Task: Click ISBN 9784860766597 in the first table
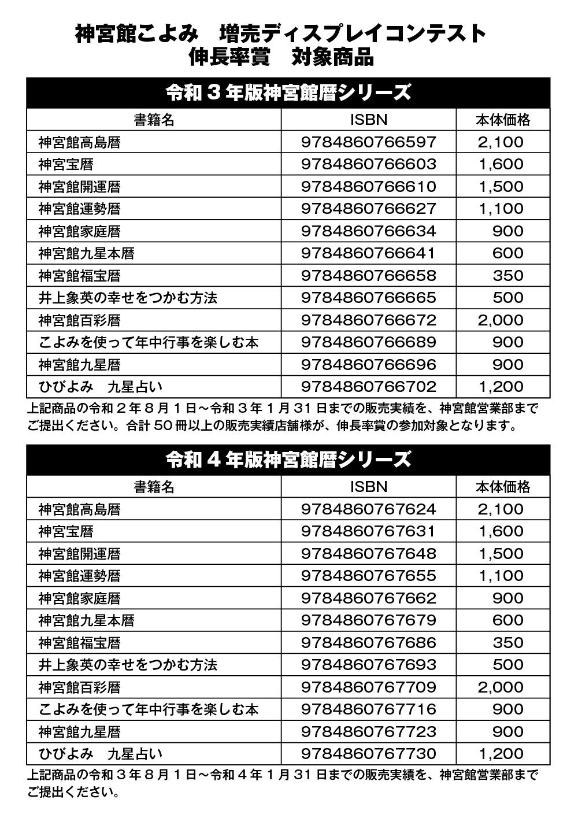(x=368, y=142)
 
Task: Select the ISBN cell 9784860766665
(x=368, y=298)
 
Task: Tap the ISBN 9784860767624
(x=368, y=509)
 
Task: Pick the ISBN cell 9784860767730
(x=368, y=754)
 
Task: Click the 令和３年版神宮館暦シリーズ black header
(x=288, y=92)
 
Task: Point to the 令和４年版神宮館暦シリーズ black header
(x=288, y=460)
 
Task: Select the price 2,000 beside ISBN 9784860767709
(x=501, y=687)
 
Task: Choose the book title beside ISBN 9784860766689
(x=149, y=343)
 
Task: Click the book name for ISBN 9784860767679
(x=87, y=621)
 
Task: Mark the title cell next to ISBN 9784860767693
(x=128, y=665)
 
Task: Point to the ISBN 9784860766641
(x=368, y=254)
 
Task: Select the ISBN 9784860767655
(x=368, y=576)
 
